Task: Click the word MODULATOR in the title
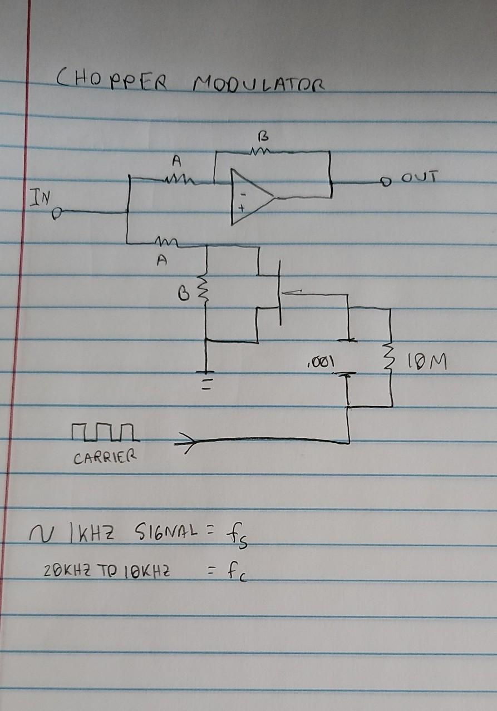pyautogui.click(x=259, y=85)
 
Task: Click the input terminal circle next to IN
pyautogui.click(x=61, y=212)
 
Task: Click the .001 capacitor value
pyautogui.click(x=319, y=363)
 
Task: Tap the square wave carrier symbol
pyautogui.click(x=104, y=432)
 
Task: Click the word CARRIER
pyautogui.click(x=104, y=459)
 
